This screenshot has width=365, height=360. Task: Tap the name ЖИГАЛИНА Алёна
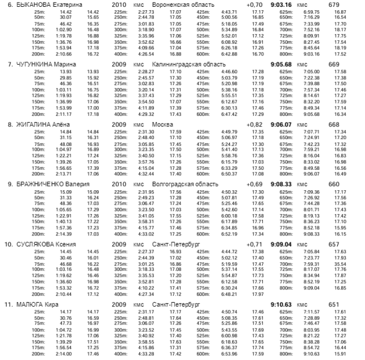click(x=43, y=125)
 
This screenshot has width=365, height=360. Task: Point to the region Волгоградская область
click(x=185, y=184)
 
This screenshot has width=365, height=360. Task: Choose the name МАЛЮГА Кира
click(x=38, y=305)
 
